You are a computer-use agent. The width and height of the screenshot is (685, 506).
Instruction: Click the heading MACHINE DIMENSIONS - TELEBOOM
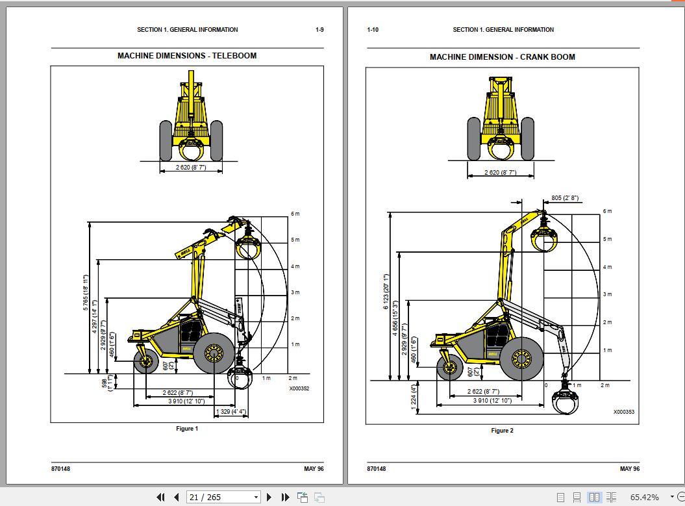tap(187, 56)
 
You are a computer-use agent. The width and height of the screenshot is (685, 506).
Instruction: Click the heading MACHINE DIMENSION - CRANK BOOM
tap(502, 57)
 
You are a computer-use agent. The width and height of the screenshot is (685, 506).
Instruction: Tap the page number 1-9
tap(319, 30)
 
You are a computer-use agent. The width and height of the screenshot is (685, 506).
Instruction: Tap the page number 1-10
tap(373, 30)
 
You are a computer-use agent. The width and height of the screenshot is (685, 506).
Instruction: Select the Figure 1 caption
tap(187, 429)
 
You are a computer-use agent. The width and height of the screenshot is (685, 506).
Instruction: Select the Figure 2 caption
tap(502, 431)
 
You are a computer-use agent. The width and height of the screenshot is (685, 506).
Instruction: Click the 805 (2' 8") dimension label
tap(564, 197)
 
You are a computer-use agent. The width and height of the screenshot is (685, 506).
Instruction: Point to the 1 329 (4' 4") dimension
tap(230, 411)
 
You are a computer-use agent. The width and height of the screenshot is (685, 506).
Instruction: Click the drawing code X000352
tap(299, 388)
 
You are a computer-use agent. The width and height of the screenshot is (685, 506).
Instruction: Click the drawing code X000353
tap(623, 412)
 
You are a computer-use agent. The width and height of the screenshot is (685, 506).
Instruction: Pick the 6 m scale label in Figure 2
tap(607, 211)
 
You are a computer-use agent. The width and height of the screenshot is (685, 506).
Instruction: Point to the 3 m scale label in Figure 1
tap(295, 292)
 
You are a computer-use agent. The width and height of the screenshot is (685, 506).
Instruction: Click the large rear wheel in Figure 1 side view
tap(214, 353)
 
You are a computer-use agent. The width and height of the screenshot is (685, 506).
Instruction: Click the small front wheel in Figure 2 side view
tap(449, 368)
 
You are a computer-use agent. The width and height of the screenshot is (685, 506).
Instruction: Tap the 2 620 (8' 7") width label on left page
tap(191, 167)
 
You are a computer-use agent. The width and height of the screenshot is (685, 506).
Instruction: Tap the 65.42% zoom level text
tap(644, 498)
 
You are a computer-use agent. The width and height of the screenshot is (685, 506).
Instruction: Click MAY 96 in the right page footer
tap(629, 469)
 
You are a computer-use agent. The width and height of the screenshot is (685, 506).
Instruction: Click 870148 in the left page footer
tap(60, 469)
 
